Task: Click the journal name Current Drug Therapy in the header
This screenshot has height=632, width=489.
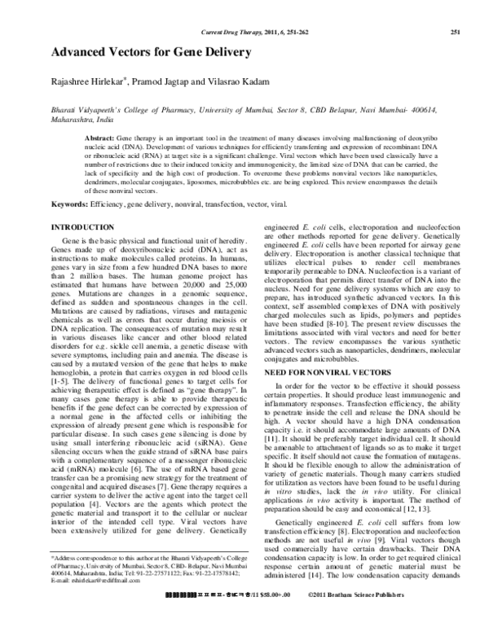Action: click(x=233, y=32)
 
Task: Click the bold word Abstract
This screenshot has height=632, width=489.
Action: click(x=99, y=140)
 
